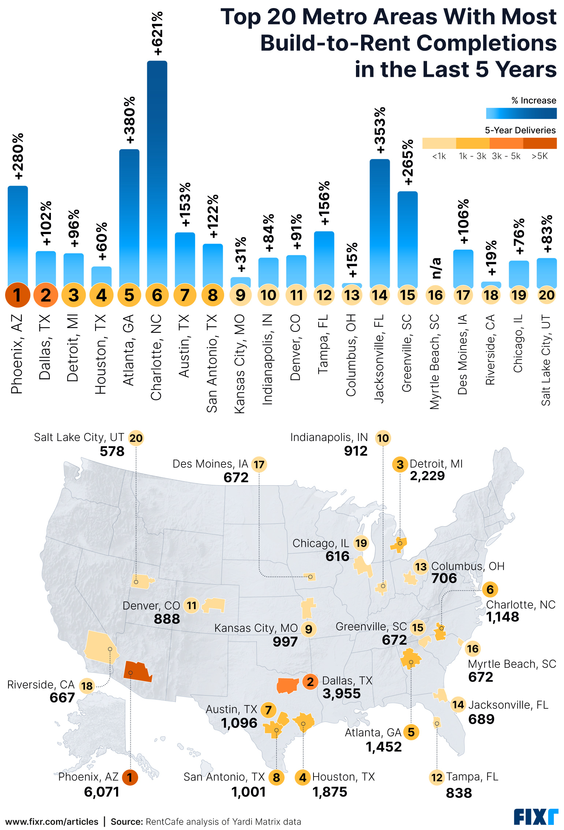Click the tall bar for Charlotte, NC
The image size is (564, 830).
click(x=157, y=172)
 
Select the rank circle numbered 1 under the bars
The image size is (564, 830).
click(x=17, y=295)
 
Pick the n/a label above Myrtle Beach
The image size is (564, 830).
click(x=435, y=268)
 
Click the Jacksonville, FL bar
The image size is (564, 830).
click(x=379, y=222)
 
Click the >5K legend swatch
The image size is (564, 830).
click(x=540, y=143)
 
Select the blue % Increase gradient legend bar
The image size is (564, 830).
click(x=521, y=114)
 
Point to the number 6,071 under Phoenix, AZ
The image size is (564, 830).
click(x=101, y=792)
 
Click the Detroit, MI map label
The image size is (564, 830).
click(x=436, y=464)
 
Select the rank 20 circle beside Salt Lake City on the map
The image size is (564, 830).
click(x=136, y=438)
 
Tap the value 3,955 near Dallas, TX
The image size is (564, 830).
click(x=341, y=693)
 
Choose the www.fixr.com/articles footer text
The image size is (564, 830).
click(x=52, y=822)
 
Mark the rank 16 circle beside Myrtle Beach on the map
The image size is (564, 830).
click(x=472, y=649)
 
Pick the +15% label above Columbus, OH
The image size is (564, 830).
click(x=352, y=260)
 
